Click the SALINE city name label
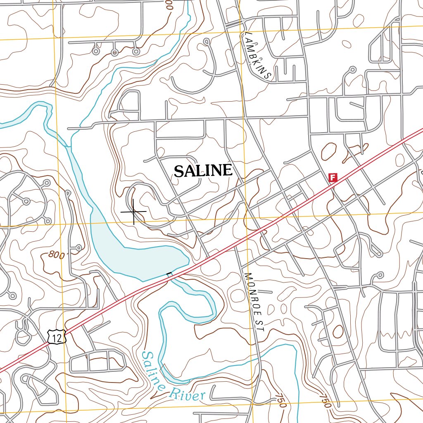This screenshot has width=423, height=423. click(203, 171)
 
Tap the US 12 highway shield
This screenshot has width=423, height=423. click(56, 337)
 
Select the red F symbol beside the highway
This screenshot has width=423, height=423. click(333, 178)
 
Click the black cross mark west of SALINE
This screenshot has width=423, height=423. click(133, 211)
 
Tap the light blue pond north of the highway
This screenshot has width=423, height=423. click(136, 256)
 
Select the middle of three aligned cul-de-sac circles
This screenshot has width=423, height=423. click(114, 52)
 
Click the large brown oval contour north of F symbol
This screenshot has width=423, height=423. click(329, 151)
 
